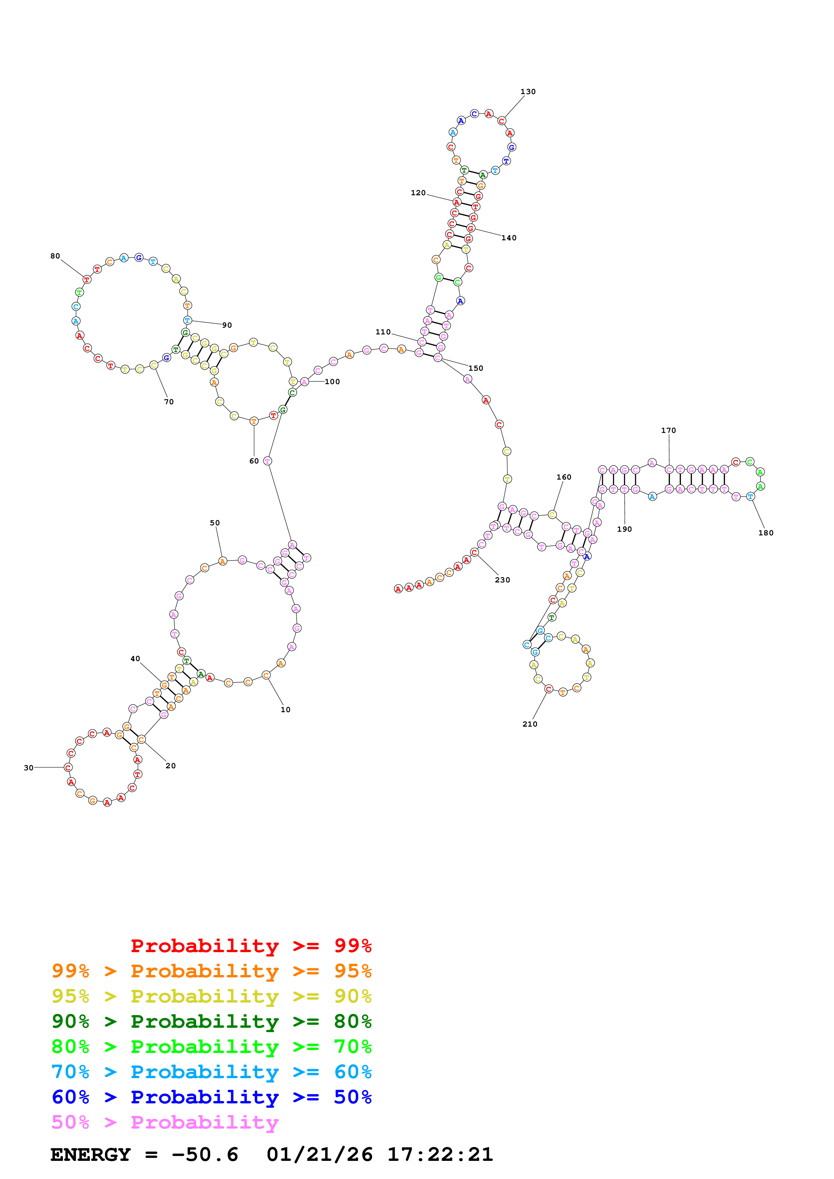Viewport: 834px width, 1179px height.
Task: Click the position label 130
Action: [x=528, y=92]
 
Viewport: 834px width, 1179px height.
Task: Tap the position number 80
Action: [x=55, y=256]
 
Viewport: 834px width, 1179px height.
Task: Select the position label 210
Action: [x=530, y=724]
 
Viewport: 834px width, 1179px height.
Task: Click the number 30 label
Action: [x=29, y=768]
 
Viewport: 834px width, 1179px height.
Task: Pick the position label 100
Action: [x=332, y=381]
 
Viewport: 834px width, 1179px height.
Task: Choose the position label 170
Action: [x=668, y=430]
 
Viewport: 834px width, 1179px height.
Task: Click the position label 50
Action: [x=215, y=523]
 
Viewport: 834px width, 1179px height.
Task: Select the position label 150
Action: [x=476, y=368]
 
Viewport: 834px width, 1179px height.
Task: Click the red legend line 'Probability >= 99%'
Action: [x=251, y=946]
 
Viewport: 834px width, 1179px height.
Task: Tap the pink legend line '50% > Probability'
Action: [x=165, y=1122]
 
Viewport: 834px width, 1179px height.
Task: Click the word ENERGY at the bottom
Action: [x=90, y=1155]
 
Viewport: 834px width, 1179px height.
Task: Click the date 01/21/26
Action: [x=320, y=1155]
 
